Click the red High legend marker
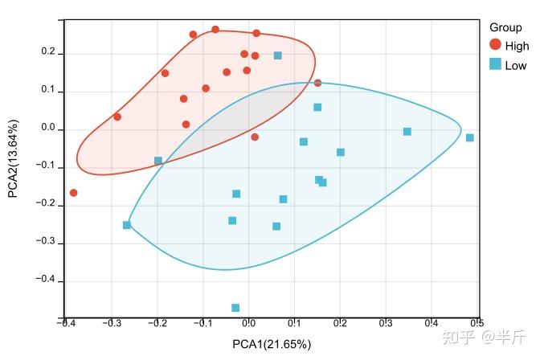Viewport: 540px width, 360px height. pos(495,46)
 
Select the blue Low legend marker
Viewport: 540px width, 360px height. pos(495,64)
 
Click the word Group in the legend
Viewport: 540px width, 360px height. pos(505,27)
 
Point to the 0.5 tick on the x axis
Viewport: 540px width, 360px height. pos(477,324)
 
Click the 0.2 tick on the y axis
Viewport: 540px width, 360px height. pos(48,53)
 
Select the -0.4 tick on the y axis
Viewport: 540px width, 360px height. pos(45,280)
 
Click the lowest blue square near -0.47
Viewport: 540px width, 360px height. pos(235,308)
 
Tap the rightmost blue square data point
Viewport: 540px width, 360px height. pos(470,137)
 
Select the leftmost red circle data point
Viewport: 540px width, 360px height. pos(74,193)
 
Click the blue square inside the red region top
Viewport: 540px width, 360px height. pos(278,55)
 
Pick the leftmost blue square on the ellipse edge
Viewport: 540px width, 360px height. pos(127,225)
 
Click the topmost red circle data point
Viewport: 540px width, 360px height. pos(215,30)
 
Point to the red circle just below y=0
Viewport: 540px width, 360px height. pos(255,137)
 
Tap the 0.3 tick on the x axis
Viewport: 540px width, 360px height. pos(386,324)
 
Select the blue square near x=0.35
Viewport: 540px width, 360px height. pos(407,132)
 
